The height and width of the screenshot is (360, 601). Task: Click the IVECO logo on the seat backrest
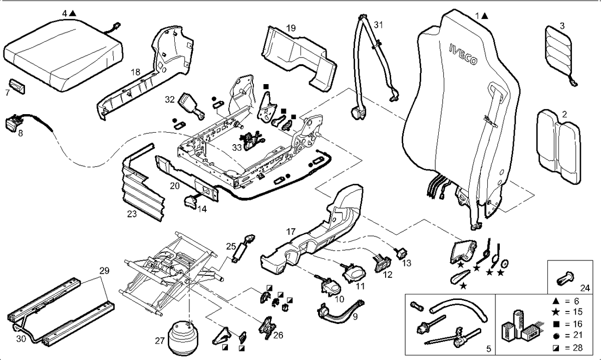463,55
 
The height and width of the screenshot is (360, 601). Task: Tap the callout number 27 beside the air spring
160,340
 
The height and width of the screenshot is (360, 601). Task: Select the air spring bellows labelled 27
183,338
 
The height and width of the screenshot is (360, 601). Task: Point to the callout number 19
291,28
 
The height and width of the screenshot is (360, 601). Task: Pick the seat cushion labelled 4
63,55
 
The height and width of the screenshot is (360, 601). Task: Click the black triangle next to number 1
485,16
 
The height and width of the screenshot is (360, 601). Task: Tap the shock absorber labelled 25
243,249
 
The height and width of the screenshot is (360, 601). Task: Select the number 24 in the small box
585,288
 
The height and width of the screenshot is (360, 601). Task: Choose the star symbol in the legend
556,312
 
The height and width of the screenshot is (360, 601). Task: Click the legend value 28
577,347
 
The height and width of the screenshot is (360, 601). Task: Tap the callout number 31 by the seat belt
378,25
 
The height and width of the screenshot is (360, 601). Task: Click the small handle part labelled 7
17,86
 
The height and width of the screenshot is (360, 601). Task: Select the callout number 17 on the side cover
291,231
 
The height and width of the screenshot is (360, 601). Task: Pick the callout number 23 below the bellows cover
132,214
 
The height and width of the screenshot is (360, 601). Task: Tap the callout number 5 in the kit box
488,348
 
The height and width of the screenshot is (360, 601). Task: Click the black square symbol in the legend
556,324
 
